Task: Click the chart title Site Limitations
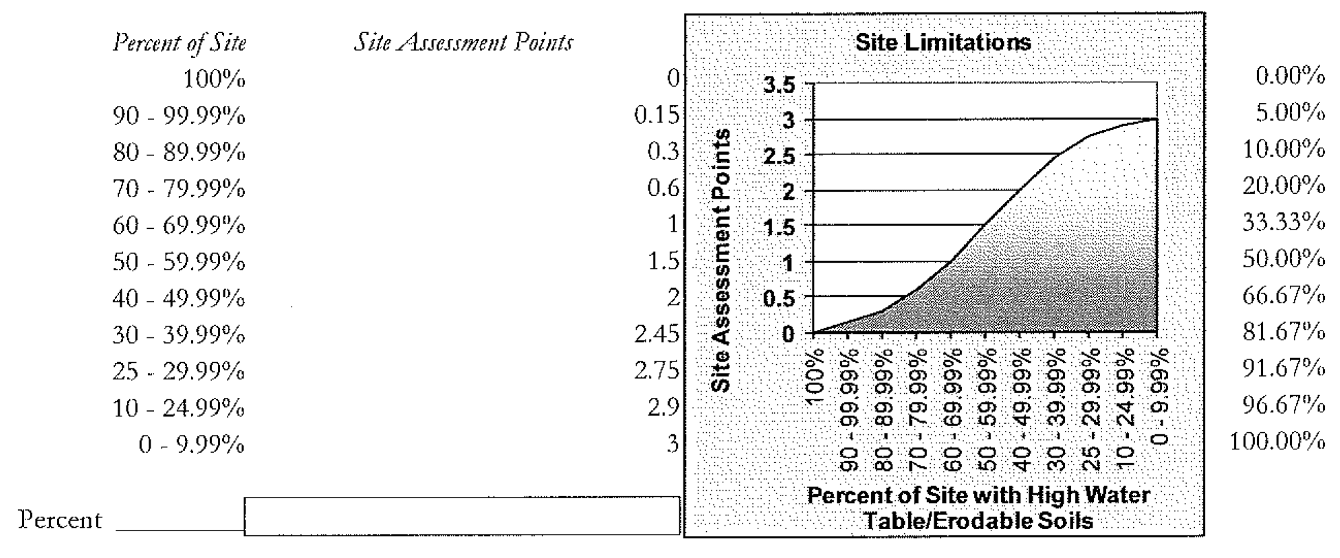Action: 943,43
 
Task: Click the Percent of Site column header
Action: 179,43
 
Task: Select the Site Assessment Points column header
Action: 463,43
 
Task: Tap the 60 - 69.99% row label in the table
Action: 179,225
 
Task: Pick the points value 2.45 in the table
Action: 656,335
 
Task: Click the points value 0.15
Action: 656,115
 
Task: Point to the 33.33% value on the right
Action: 1283,222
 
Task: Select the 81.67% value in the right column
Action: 1283,332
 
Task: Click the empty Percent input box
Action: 461,516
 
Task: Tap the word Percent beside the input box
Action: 60,520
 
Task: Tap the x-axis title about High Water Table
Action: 978,508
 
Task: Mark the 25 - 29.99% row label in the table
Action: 179,372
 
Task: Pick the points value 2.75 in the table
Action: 656,371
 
